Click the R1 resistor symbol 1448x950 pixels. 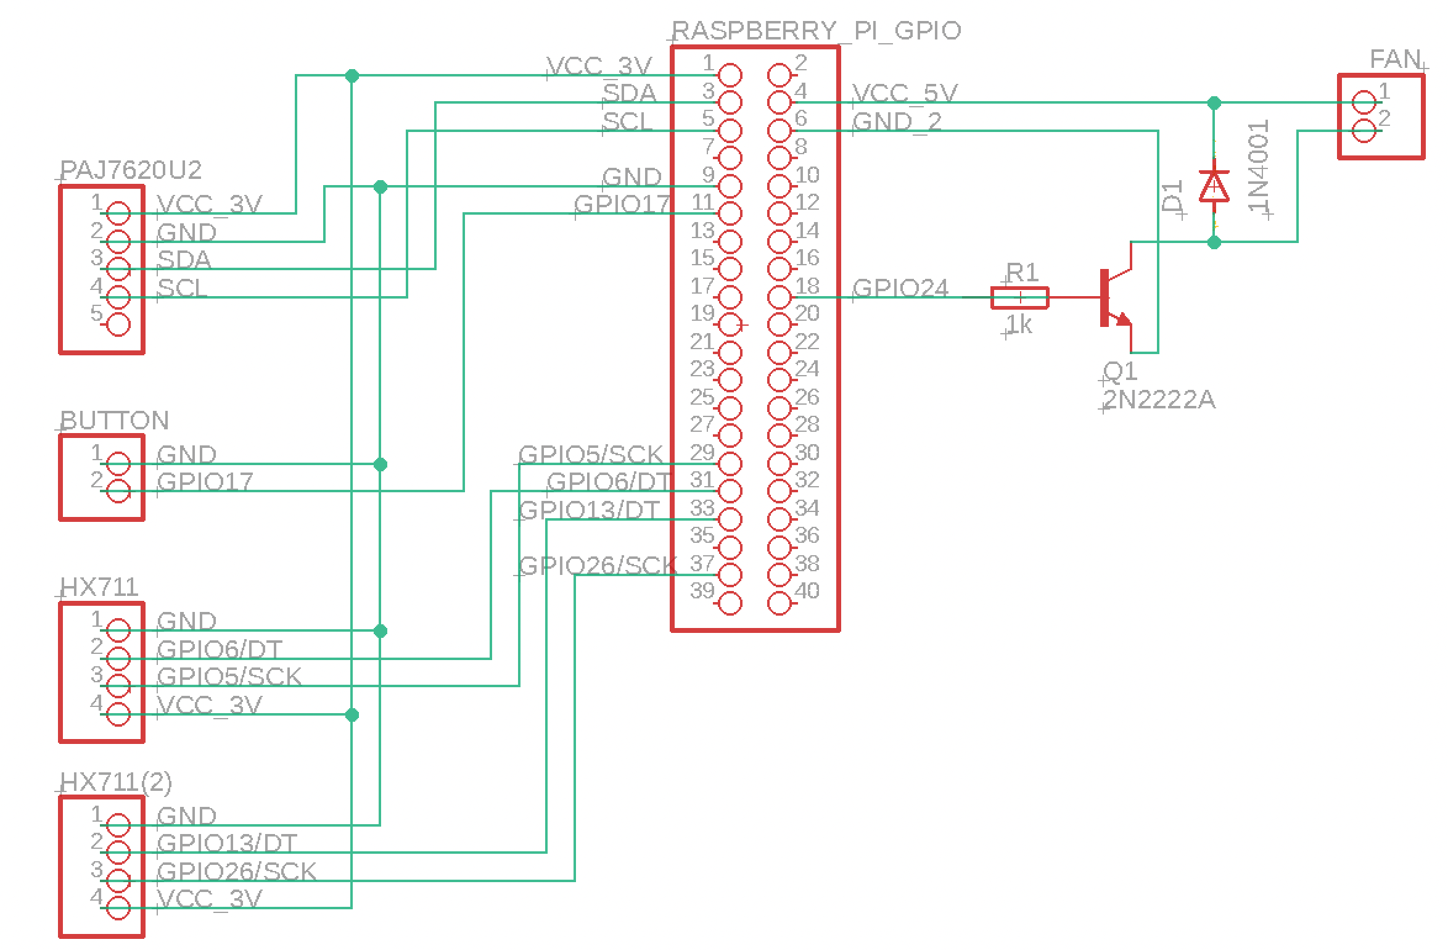pyautogui.click(x=1019, y=297)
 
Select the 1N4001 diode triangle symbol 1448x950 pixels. pyautogui.click(x=1214, y=186)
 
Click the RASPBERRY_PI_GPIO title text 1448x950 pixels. pyautogui.click(x=816, y=30)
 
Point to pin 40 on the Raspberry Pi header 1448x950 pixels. pyautogui.click(x=780, y=603)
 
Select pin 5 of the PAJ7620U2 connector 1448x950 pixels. pyautogui.click(x=118, y=324)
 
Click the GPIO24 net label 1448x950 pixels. pyautogui.click(x=901, y=288)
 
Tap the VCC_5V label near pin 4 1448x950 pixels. pyautogui.click(x=905, y=93)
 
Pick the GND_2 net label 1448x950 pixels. pyautogui.click(x=897, y=122)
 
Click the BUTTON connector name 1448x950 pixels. pyautogui.click(x=115, y=421)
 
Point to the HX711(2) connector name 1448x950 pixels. pyautogui.click(x=117, y=782)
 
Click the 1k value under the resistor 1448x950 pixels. pyautogui.click(x=1019, y=324)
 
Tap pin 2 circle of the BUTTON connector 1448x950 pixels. pyautogui.click(x=118, y=492)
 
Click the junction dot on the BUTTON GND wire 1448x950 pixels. pyautogui.click(x=381, y=464)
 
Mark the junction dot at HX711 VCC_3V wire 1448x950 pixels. pyautogui.click(x=352, y=715)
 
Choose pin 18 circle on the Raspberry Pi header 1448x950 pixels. pyautogui.click(x=780, y=297)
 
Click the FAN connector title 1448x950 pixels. pyautogui.click(x=1395, y=60)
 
